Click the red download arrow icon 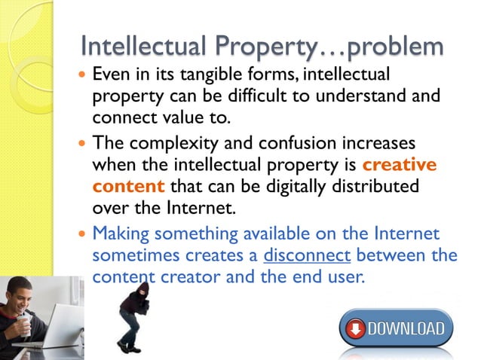pyautogui.click(x=355, y=330)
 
